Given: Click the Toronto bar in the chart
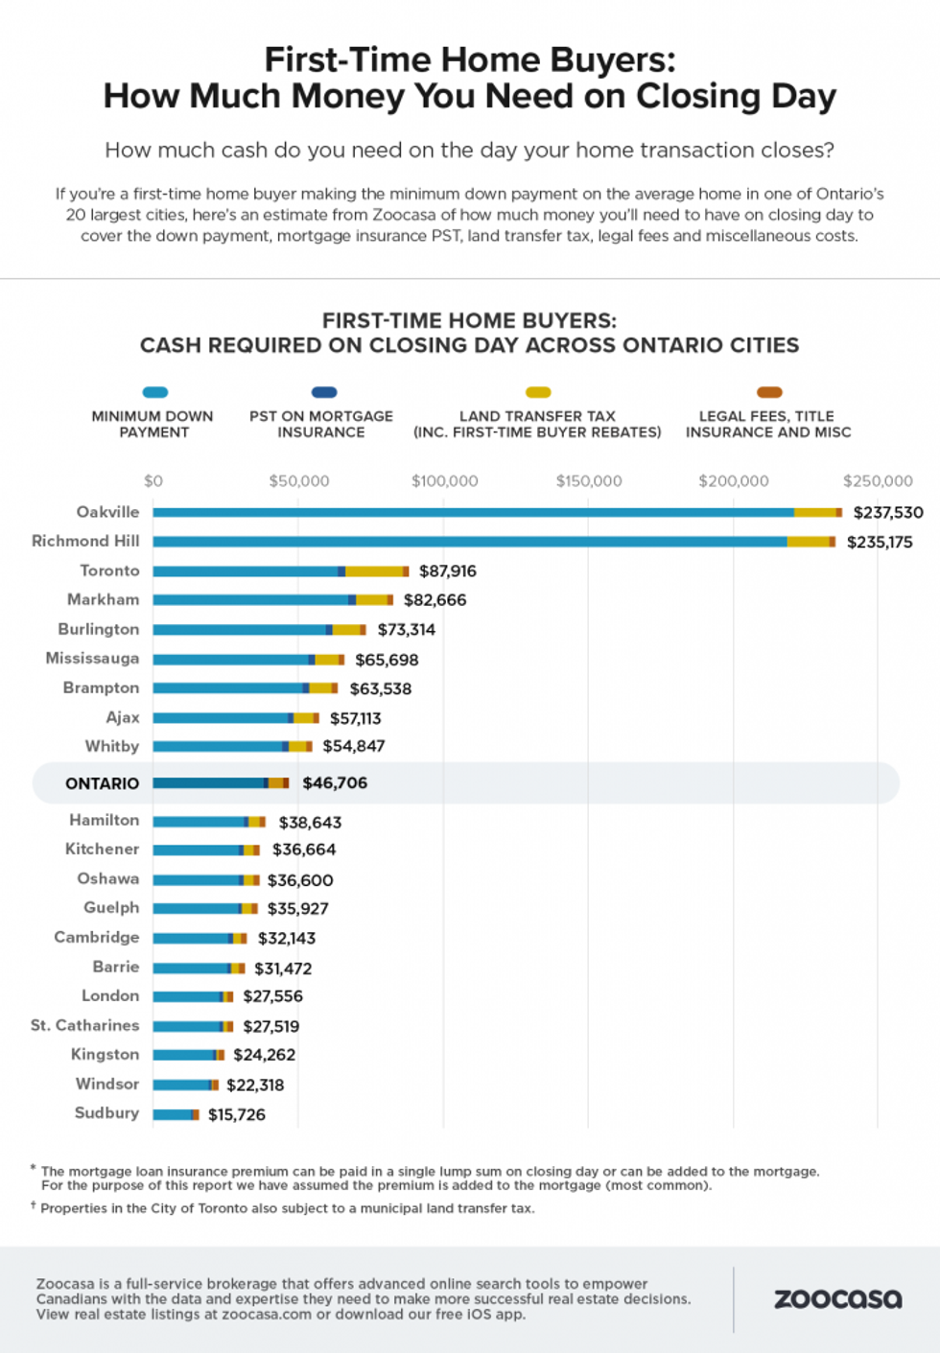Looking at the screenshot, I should (280, 572).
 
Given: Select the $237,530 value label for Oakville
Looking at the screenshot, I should (888, 513).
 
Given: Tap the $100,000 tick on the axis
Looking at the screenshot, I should (444, 481).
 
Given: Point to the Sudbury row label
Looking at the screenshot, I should (106, 1113).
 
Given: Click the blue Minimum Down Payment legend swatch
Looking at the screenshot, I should (154, 392).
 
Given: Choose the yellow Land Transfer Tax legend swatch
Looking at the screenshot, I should (538, 392).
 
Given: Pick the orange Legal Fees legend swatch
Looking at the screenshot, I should (769, 392).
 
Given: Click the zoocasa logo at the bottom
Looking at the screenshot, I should (837, 1299).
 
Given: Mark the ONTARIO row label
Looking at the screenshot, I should (102, 783).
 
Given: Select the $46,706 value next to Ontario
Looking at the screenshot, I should (335, 783).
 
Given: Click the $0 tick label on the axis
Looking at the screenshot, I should (153, 481).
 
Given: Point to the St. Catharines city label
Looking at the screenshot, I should (84, 1026).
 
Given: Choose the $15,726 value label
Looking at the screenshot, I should (237, 1114).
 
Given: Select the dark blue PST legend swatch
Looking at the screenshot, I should (324, 392).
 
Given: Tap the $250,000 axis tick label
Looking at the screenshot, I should (878, 481).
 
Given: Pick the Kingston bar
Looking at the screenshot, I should (188, 1055).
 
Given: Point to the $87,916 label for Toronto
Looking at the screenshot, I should (447, 572).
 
